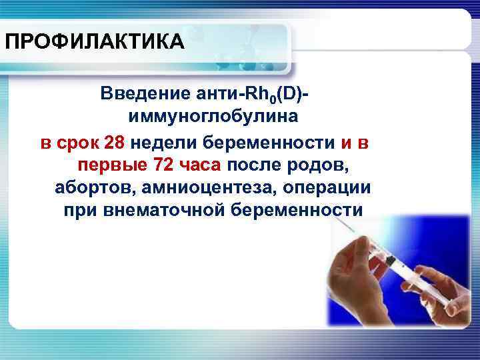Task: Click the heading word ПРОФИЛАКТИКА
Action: tap(93, 43)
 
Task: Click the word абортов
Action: tap(91, 187)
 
